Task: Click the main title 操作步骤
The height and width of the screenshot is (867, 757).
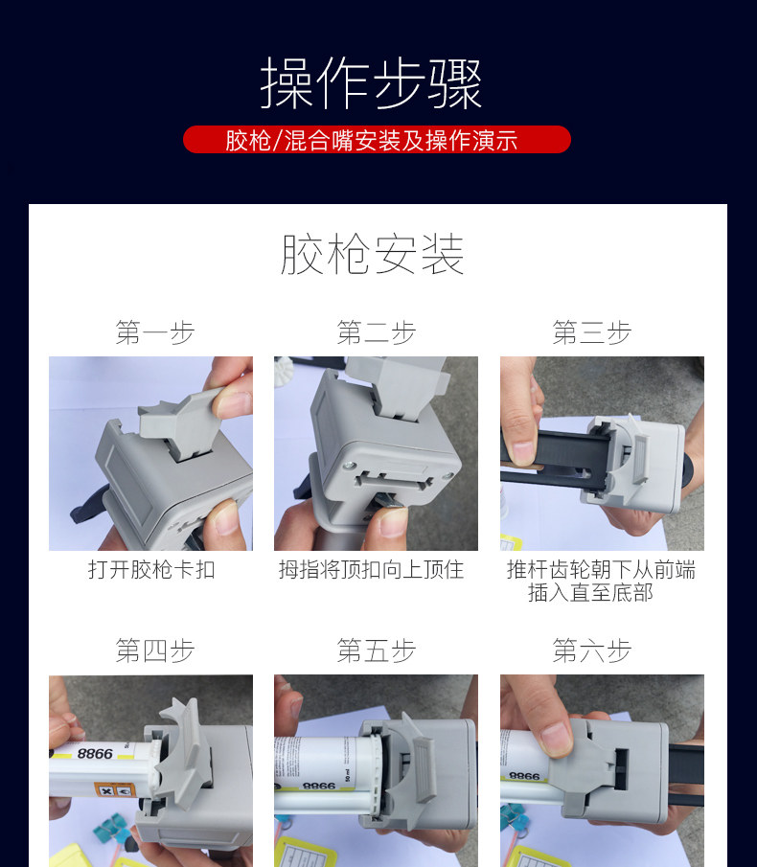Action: click(x=371, y=83)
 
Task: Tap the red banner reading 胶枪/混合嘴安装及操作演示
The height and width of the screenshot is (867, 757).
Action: click(x=377, y=139)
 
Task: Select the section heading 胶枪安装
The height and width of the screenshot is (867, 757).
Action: click(x=372, y=254)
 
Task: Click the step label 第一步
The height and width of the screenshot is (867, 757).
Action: click(x=155, y=332)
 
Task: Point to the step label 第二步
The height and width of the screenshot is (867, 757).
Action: click(x=376, y=332)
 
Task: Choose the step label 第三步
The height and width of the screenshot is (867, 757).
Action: click(x=591, y=332)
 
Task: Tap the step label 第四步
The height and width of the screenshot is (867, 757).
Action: click(x=155, y=650)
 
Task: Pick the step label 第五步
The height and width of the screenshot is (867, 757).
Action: click(x=376, y=650)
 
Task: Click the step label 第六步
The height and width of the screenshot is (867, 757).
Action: click(x=591, y=650)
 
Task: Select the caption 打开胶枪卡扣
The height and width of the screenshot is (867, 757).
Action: click(x=151, y=569)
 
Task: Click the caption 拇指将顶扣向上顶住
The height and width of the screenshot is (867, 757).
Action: click(x=371, y=569)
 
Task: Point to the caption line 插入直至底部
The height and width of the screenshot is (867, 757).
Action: click(x=590, y=593)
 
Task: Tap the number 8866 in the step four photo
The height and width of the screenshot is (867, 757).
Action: click(x=95, y=754)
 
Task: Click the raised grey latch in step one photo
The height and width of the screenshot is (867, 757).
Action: click(x=180, y=423)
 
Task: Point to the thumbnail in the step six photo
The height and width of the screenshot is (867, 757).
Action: click(x=557, y=739)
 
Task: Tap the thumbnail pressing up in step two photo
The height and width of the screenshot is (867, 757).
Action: click(x=392, y=522)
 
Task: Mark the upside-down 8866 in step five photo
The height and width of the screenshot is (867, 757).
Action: click(x=319, y=786)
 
